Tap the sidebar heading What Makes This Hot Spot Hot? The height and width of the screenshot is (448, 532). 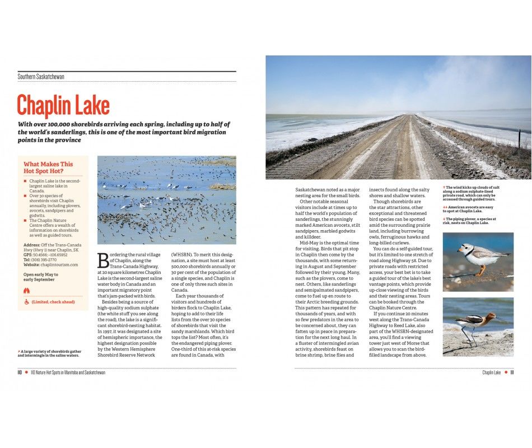point(48,167)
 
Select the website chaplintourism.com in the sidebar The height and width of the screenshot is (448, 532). point(58,265)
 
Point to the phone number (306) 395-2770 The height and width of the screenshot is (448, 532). point(44,260)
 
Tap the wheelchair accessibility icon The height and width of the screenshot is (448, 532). point(26,302)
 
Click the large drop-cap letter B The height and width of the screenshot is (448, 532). point(103,260)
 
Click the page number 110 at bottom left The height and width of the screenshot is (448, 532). point(20,372)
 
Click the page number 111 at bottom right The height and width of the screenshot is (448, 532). point(512,372)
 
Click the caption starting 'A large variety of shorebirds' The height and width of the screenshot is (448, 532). point(49,353)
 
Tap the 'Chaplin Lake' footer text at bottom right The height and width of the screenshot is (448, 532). point(491,372)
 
